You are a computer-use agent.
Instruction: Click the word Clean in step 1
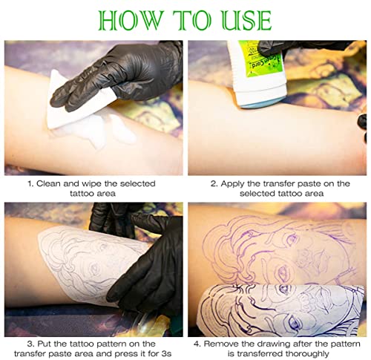48,183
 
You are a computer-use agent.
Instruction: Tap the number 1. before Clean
30,183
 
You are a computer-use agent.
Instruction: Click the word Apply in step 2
232,183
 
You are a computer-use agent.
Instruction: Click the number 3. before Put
30,344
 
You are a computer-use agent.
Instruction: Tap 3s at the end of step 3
165,353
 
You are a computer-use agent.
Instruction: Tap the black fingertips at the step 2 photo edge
362,127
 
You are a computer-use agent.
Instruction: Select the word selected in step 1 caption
138,183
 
